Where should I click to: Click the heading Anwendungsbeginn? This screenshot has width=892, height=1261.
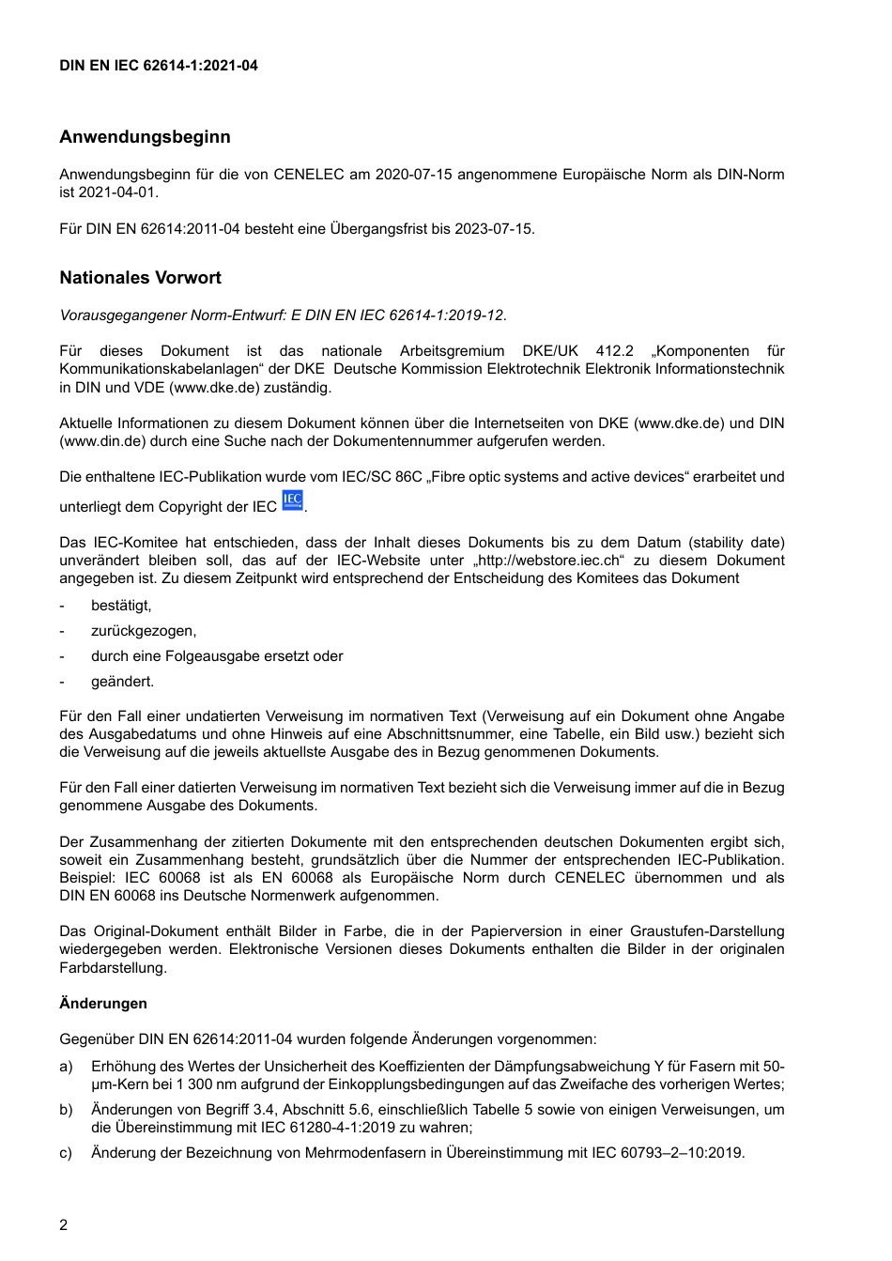(x=145, y=137)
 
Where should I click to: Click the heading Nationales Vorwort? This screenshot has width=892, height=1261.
(x=140, y=278)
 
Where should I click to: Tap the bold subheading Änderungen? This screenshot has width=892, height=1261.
(x=103, y=1004)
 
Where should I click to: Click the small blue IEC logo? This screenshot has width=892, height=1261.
(x=293, y=500)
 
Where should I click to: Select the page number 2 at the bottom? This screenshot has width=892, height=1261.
(x=64, y=1225)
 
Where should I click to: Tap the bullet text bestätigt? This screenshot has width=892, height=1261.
(x=121, y=606)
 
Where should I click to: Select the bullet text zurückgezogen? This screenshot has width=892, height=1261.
(x=144, y=631)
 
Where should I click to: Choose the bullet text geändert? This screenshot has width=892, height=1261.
(x=122, y=682)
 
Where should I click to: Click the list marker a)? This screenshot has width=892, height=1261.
(x=66, y=1067)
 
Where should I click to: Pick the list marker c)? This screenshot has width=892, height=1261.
(x=66, y=1153)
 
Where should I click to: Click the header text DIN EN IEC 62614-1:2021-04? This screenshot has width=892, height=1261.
(x=159, y=66)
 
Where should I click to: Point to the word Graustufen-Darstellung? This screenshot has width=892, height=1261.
(x=708, y=931)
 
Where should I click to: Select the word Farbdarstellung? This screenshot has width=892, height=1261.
(x=113, y=967)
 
